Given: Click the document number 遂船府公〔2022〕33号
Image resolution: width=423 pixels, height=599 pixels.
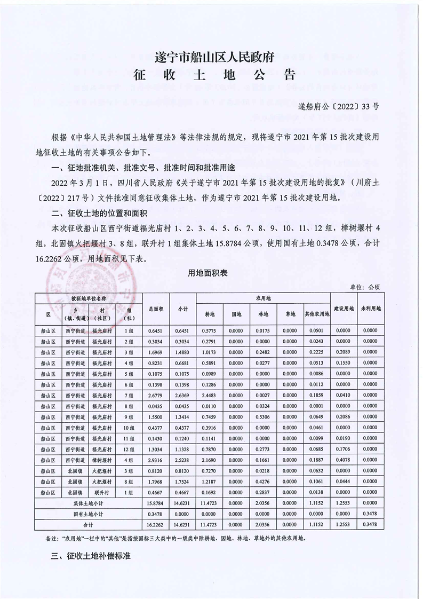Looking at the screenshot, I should point(339,106).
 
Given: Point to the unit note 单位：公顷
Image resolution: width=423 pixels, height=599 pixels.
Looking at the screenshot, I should point(365,287).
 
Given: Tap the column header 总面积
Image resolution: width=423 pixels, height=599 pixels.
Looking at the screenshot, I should point(156,308).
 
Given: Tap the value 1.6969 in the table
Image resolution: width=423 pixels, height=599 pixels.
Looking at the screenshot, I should point(156,352).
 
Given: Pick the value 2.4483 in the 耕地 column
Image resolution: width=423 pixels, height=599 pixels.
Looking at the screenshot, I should point(209,395).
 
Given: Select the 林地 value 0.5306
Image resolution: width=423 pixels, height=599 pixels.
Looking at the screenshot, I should point(263,416).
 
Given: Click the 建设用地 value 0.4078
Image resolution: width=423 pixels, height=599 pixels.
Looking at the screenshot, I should point(343,460).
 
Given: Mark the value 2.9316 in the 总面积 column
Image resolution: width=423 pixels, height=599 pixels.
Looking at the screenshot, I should point(156,460).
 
